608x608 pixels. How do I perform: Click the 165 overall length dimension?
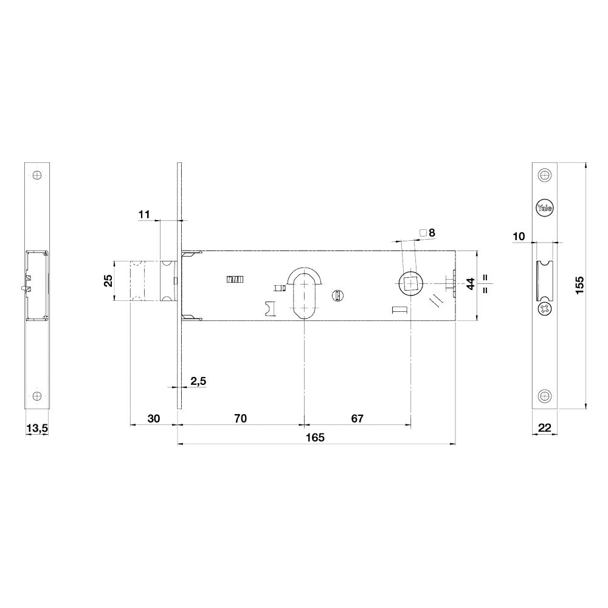point(315,438)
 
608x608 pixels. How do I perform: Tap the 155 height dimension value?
point(579,285)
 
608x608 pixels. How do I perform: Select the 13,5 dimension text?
point(37,429)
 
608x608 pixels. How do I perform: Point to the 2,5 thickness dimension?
point(198,381)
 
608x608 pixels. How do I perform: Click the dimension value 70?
point(240,418)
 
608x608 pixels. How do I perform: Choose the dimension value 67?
point(357,418)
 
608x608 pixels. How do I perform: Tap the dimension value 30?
point(154,418)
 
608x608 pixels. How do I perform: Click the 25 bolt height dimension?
point(109,280)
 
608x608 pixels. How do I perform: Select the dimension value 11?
point(144,215)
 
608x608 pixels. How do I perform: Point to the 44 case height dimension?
point(471,283)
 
